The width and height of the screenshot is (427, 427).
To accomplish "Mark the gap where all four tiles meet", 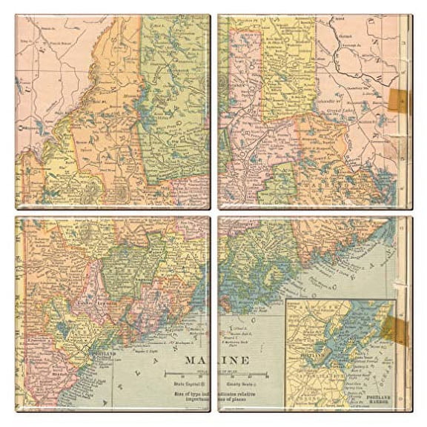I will (213, 213).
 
